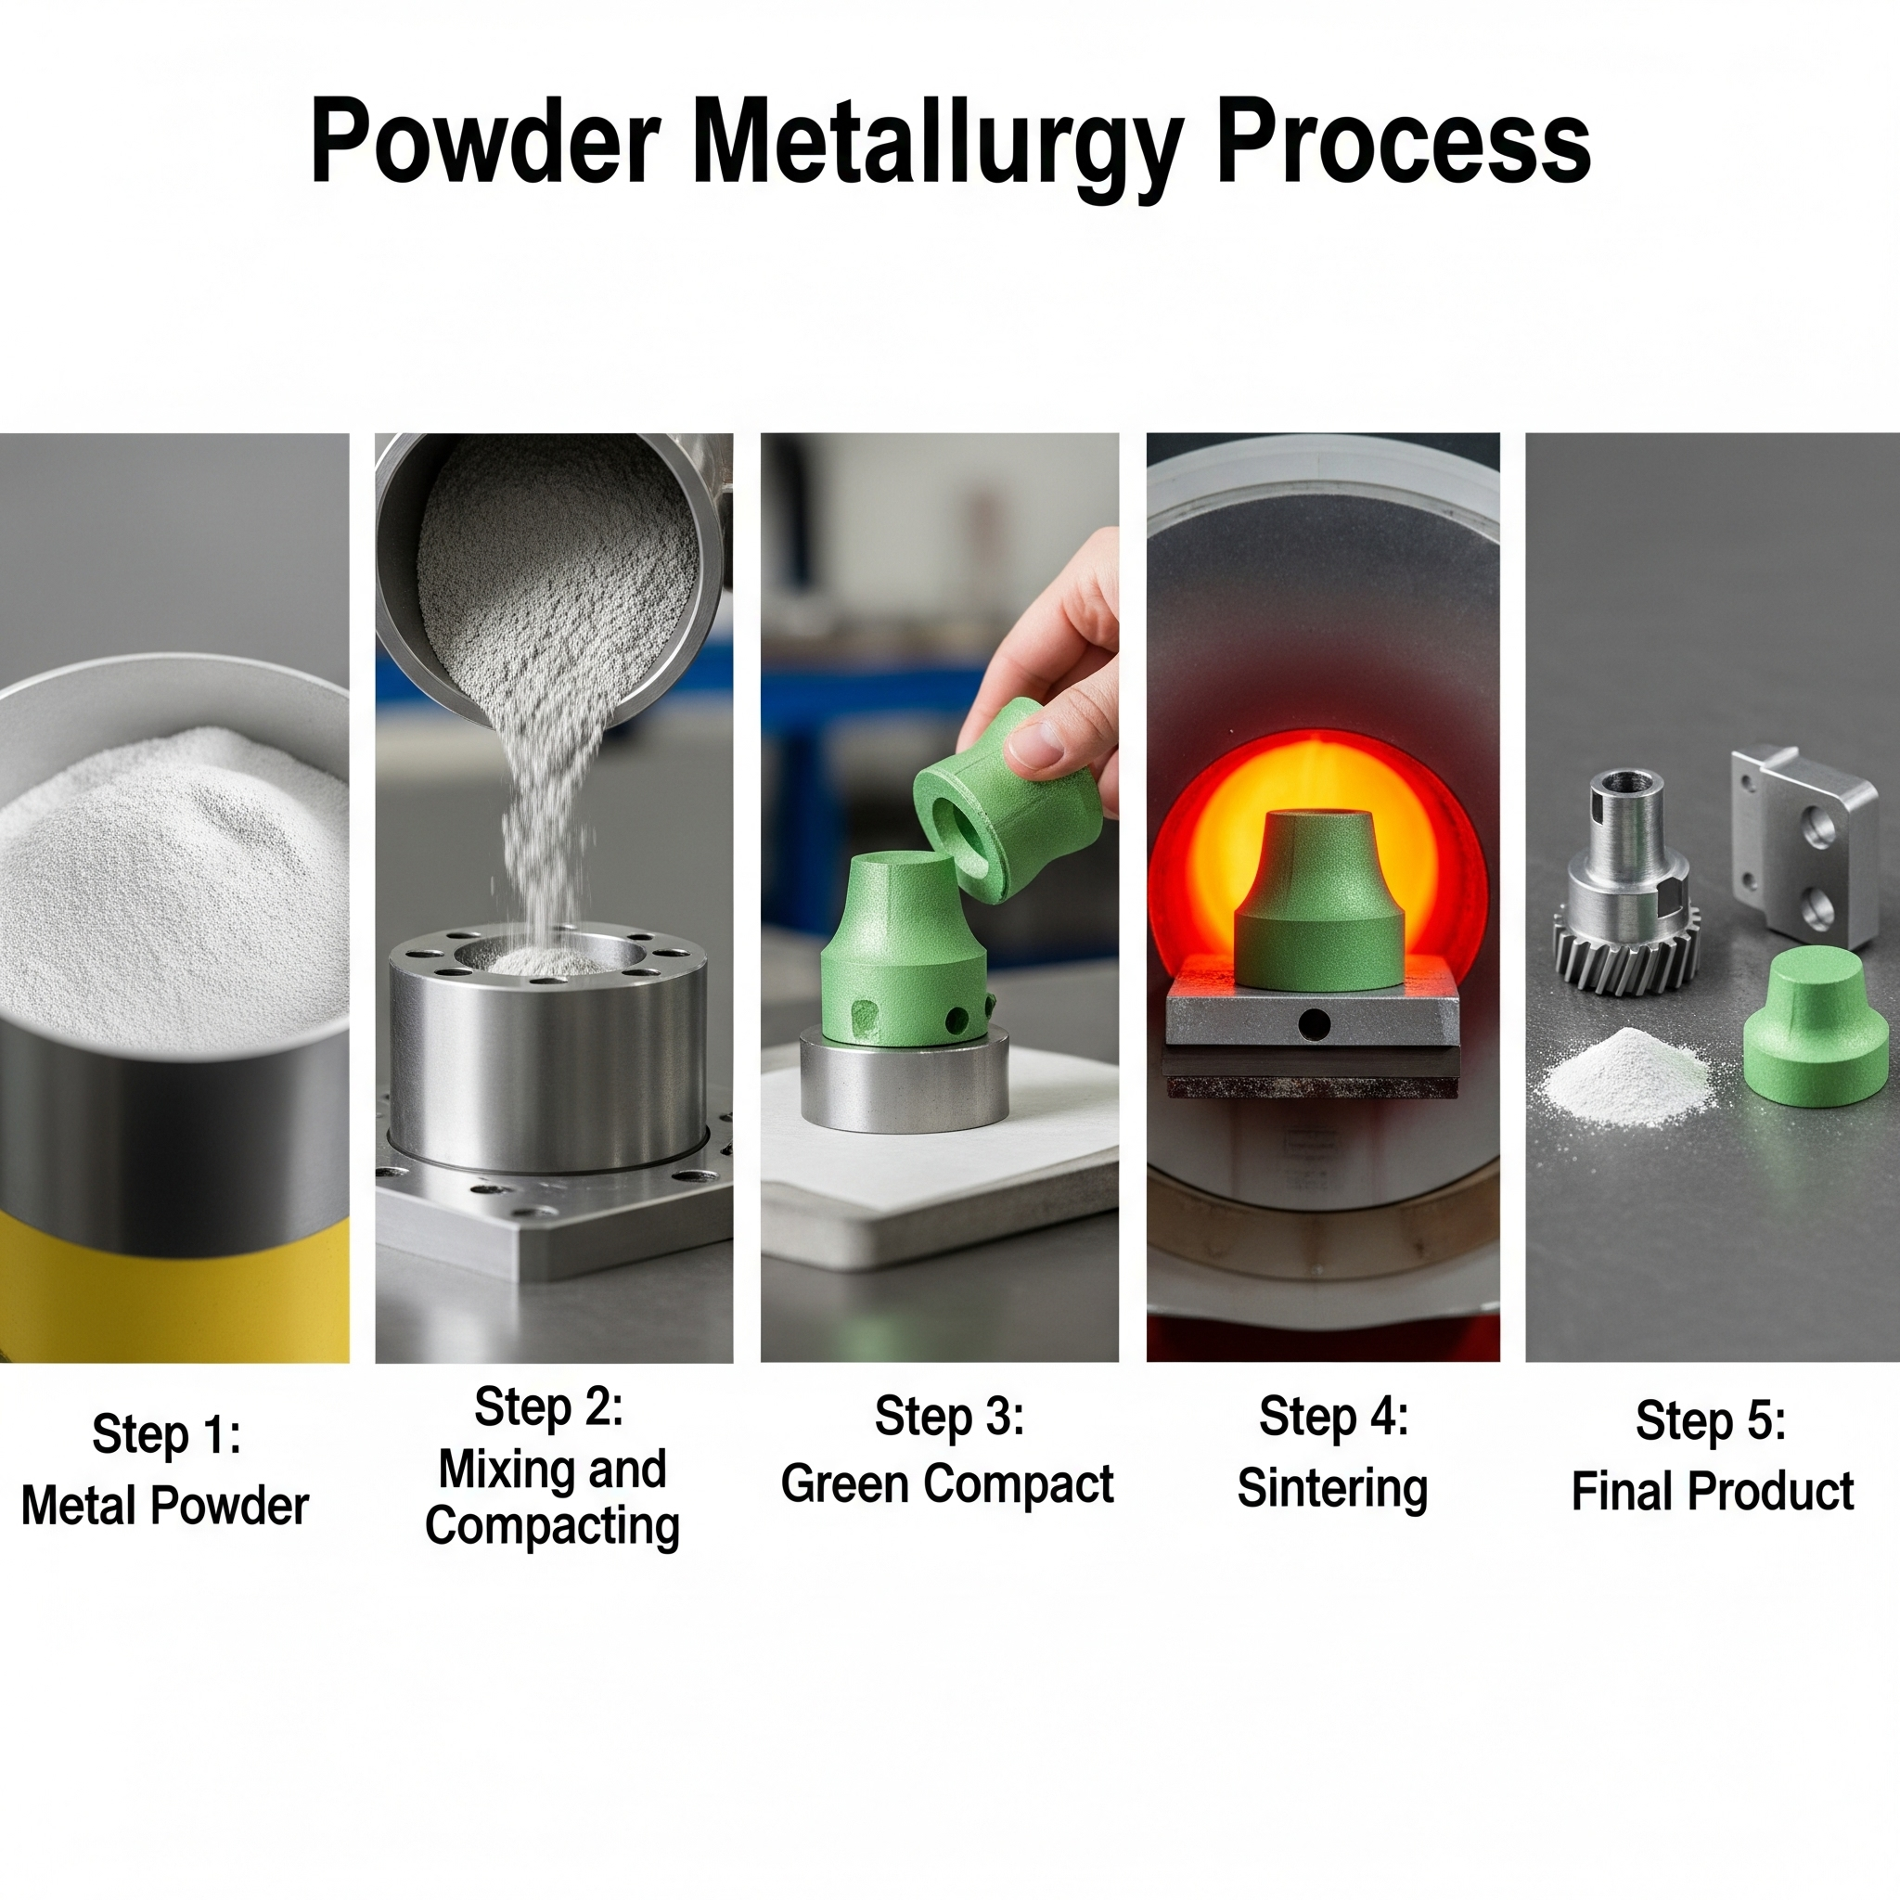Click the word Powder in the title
485,141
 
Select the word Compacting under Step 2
553,1525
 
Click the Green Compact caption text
947,1484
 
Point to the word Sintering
1332,1489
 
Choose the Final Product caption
1713,1491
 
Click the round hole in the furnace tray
1313,1025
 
